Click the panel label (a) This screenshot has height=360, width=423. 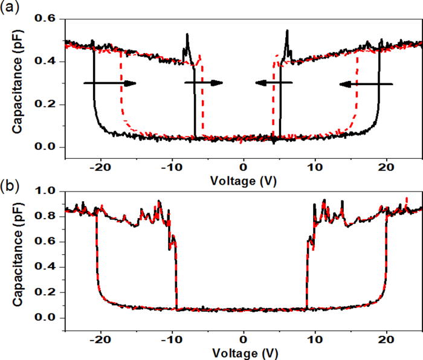12,8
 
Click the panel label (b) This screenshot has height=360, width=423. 12,184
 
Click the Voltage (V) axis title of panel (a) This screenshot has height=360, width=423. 243,179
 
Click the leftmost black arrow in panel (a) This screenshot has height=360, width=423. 109,83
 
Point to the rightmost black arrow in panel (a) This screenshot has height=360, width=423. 366,84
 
